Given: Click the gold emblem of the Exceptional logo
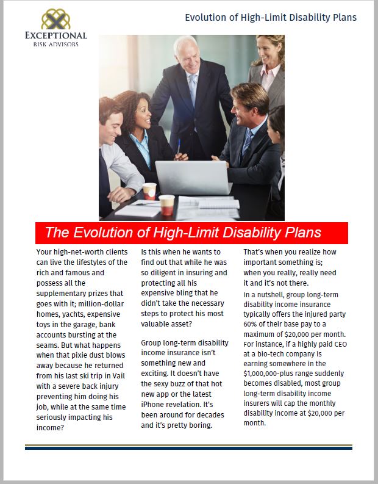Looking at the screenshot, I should tap(55, 20).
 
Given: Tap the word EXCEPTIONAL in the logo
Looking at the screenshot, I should tap(56, 36).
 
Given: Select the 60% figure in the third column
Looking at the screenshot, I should tap(253, 323).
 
